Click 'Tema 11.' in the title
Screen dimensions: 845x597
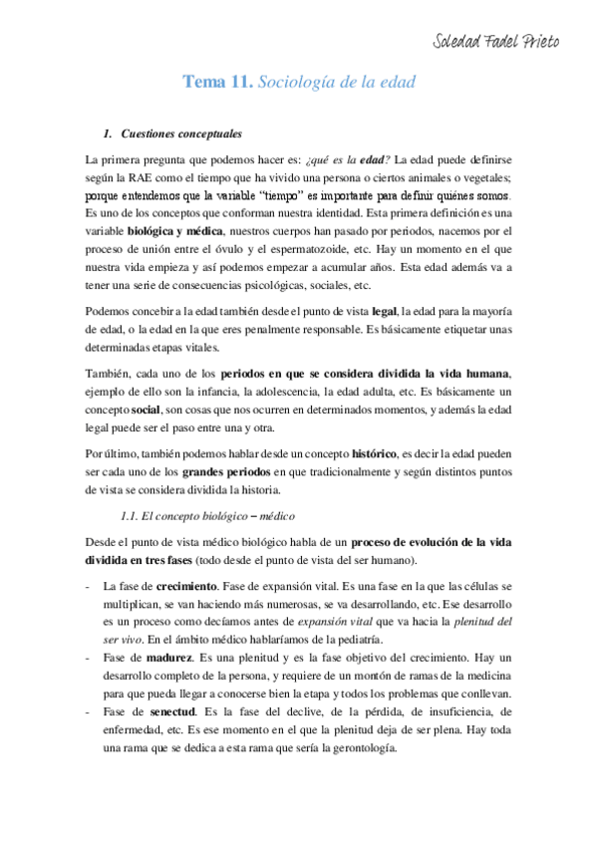[x=216, y=83]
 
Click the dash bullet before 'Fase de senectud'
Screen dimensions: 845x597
[x=91, y=712]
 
